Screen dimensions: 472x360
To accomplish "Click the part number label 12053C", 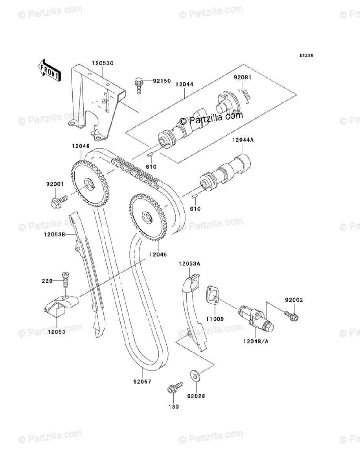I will coord(103,63).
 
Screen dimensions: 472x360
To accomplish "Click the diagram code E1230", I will coord(306,56).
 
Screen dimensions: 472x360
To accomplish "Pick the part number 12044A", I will coord(243,140).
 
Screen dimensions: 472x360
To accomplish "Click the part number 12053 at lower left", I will coord(57,332).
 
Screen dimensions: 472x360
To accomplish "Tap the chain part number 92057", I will coord(142,381).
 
